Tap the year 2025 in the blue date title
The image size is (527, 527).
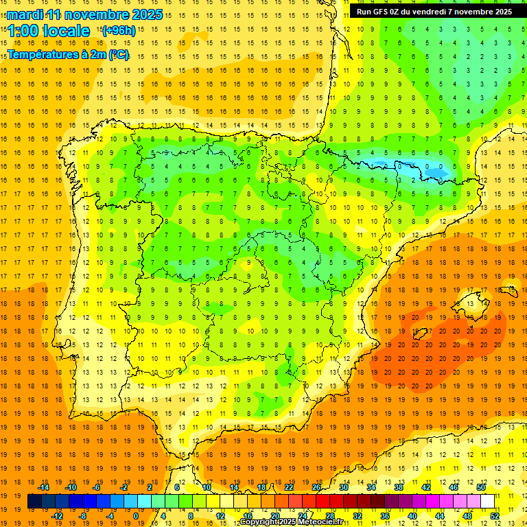point(145,14)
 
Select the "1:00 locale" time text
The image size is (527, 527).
point(49,31)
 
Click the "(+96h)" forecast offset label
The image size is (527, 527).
point(118,31)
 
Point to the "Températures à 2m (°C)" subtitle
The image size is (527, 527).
point(68,54)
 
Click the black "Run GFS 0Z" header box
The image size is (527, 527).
point(434,12)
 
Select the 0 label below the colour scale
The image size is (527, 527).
point(136,516)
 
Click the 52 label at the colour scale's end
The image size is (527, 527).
point(495,516)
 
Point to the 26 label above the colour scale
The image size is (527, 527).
point(316,487)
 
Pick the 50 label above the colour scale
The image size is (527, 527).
point(481,487)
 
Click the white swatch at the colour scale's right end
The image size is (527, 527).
point(488,502)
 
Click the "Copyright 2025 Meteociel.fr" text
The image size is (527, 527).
point(291,522)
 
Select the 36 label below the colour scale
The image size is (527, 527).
point(384,516)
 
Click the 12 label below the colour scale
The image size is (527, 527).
point(220,516)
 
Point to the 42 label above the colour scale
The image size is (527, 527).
point(426,487)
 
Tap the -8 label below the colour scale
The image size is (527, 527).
point(83,516)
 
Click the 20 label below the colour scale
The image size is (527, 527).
point(275,516)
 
